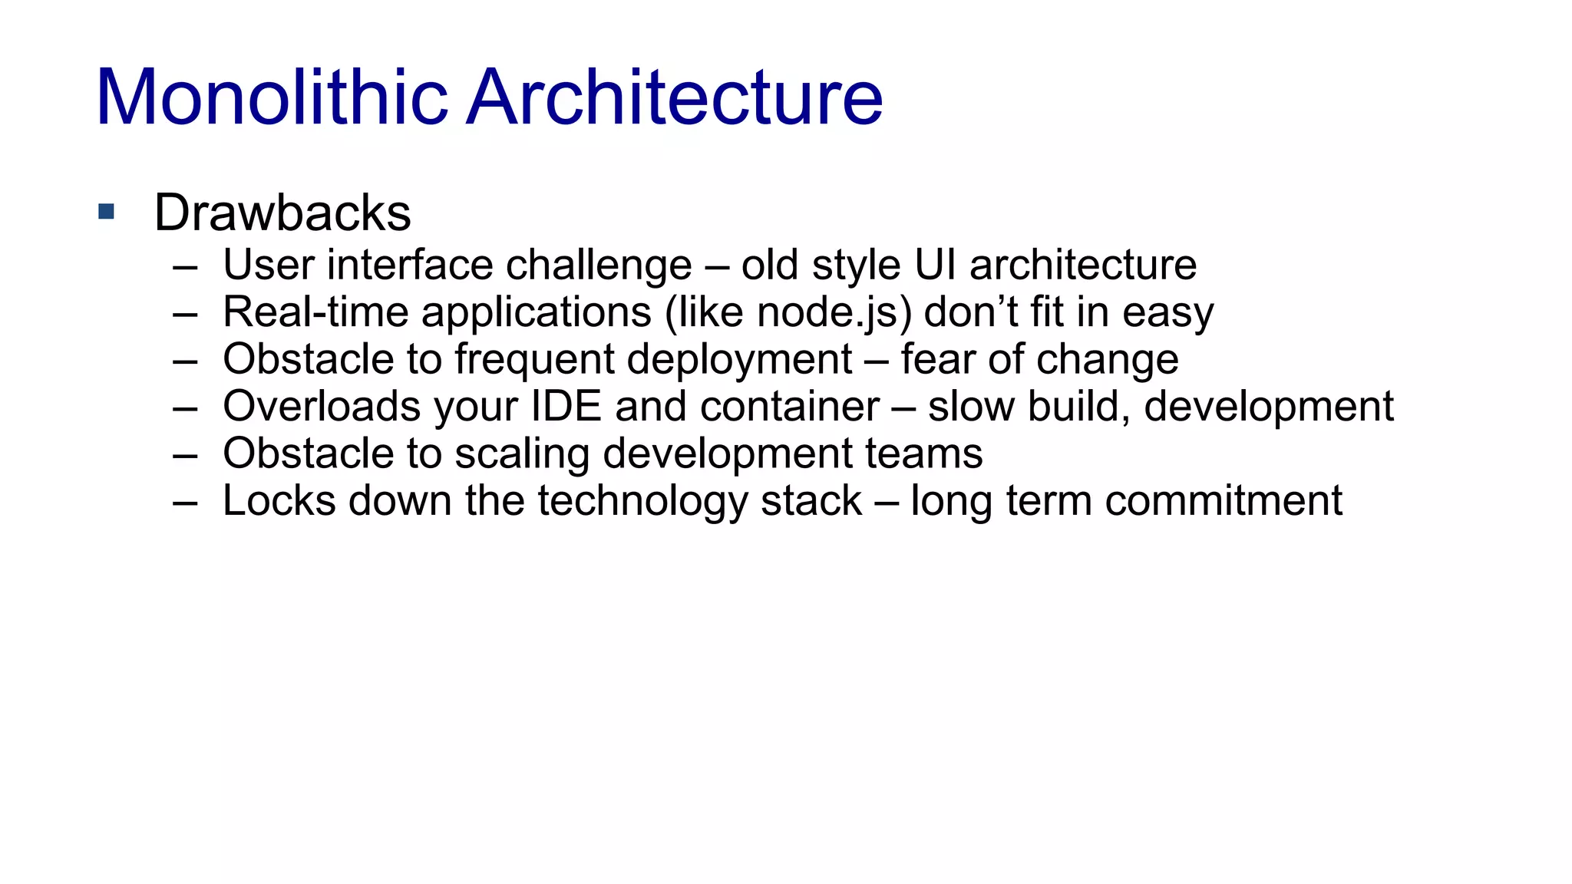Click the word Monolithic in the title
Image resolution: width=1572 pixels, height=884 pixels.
[272, 97]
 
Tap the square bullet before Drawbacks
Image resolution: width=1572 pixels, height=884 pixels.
[107, 212]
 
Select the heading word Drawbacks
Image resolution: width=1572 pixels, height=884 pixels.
[282, 213]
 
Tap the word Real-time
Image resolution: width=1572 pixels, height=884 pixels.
[315, 313]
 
